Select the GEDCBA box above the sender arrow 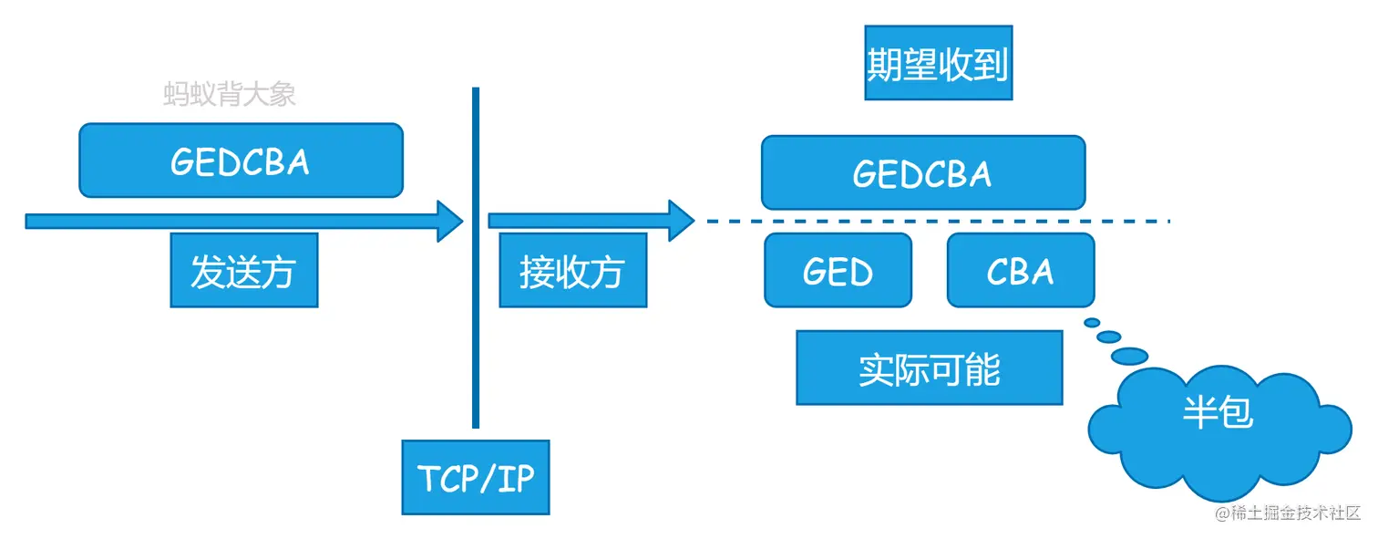coord(241,161)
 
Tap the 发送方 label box coord(243,270)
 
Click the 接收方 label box coord(572,270)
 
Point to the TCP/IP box coord(476,477)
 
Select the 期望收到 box coord(938,63)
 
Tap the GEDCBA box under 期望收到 coord(923,172)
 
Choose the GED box coord(838,270)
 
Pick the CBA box coord(1021,270)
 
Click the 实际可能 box coord(929,368)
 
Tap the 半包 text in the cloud coord(1218,411)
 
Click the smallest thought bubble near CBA coord(1092,322)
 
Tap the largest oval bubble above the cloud coord(1130,354)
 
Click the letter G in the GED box coord(816,271)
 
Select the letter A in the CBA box coord(1042,271)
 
